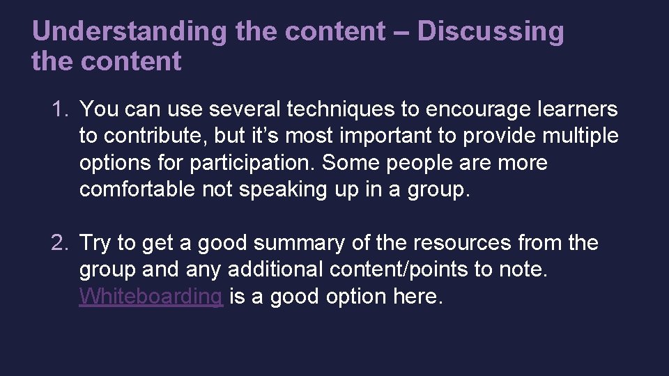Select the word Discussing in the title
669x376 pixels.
click(491, 32)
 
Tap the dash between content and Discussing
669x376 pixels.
click(401, 32)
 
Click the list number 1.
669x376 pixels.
click(58, 109)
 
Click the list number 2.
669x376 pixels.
click(58, 243)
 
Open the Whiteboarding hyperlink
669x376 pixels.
click(151, 297)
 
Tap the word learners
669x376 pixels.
click(578, 109)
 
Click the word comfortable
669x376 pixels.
click(137, 190)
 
